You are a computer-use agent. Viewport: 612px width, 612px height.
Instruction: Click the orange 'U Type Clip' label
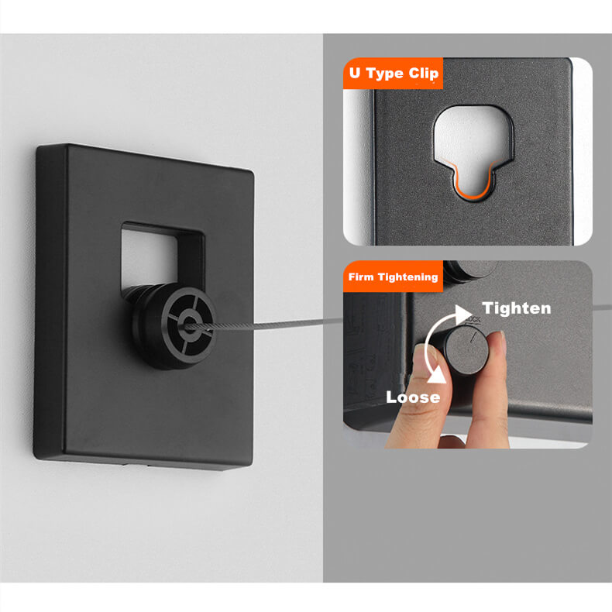393,74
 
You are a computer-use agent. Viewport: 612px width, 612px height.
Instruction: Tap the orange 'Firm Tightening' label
393,277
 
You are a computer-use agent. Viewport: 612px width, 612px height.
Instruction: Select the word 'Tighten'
517,308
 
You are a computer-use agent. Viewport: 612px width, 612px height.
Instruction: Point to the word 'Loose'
414,397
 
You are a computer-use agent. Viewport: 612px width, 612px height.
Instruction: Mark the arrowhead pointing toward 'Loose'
438,376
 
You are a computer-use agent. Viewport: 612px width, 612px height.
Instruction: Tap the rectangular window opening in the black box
163,256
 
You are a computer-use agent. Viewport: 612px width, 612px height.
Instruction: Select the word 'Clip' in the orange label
422,74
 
